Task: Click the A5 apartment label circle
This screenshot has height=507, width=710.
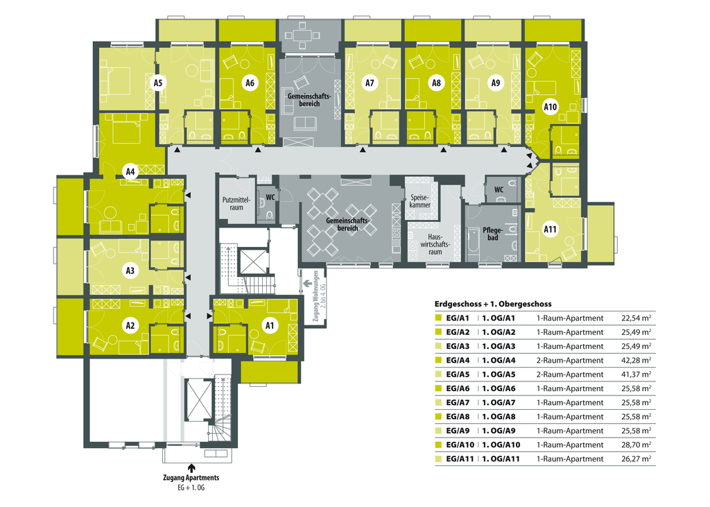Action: tap(158, 83)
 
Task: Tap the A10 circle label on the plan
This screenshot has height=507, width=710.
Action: tap(550, 107)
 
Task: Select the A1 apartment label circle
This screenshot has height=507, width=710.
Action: tap(270, 325)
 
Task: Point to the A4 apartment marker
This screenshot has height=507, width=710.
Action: tap(130, 172)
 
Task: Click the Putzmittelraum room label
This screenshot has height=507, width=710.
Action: tap(236, 204)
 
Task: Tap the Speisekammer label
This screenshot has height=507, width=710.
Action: tap(419, 201)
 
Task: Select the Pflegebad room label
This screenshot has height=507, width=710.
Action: tap(493, 234)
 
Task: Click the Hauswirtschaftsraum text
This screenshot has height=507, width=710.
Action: tap(435, 245)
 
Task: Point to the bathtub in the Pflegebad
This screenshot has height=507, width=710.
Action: tap(473, 244)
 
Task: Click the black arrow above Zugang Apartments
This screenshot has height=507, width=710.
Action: tap(191, 468)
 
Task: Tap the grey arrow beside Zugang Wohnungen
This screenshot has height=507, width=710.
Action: tap(307, 284)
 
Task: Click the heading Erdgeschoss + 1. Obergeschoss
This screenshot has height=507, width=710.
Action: tap(493, 304)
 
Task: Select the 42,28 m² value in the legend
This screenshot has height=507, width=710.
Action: tap(637, 360)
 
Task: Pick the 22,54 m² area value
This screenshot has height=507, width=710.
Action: tap(637, 318)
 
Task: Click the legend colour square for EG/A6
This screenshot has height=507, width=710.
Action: tap(438, 388)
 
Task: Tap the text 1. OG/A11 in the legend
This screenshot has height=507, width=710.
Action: tap(501, 458)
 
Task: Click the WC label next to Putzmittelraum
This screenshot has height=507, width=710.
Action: tap(270, 197)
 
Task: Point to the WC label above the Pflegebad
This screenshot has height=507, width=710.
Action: tap(499, 189)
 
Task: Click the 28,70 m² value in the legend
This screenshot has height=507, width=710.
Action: tap(637, 445)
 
